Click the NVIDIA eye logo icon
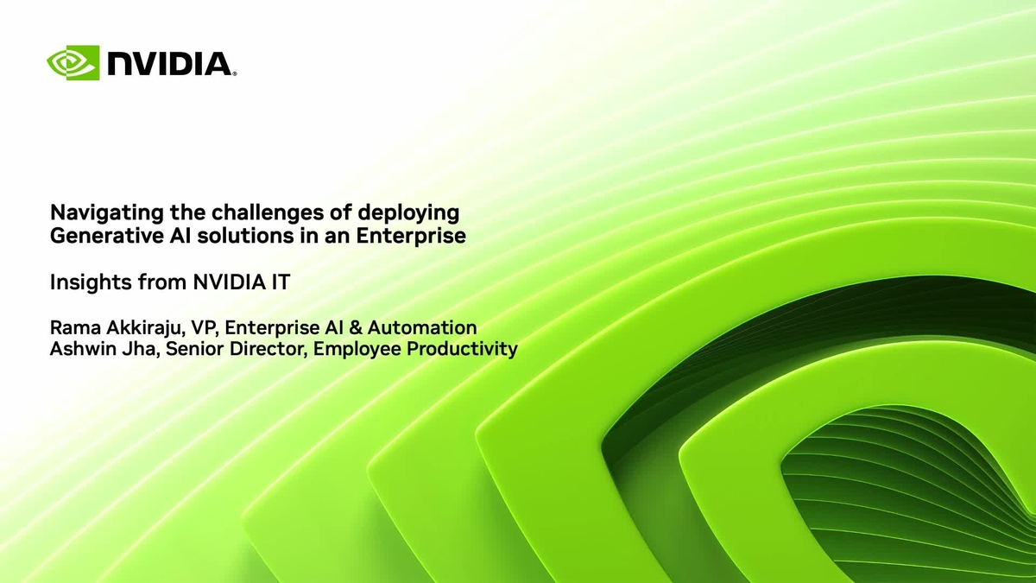(73, 63)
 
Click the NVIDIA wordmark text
(171, 64)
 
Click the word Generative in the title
(96, 235)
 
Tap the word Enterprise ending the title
(420, 235)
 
